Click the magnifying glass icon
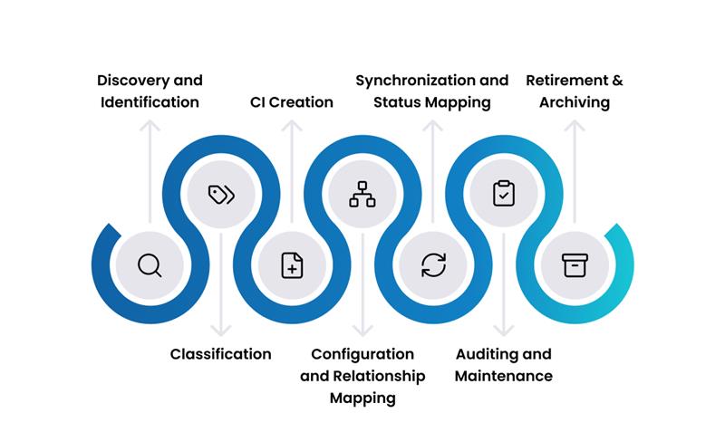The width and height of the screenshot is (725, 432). coord(150,265)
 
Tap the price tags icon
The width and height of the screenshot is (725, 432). coord(220,195)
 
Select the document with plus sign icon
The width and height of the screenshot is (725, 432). coord(292,265)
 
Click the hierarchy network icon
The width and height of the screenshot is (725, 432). coord(362,195)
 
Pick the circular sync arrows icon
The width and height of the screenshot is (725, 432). coord(433,265)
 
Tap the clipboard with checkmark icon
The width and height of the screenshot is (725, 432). coord(504,195)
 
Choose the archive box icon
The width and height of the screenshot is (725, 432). coord(575,265)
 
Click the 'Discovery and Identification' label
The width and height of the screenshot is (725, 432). coord(150,91)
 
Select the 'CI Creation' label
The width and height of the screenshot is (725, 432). coord(292,102)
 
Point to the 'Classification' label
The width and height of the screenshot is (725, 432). coord(221,354)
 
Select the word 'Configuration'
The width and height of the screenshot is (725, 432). coord(362,354)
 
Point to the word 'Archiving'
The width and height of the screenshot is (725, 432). coord(575,102)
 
